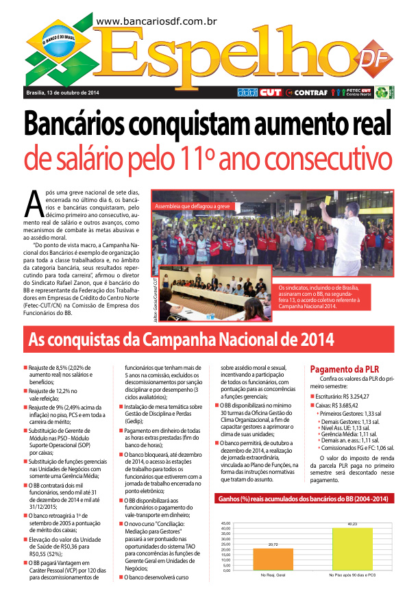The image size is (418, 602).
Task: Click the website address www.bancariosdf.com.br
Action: (157, 23)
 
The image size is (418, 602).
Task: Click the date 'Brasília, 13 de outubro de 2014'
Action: (62, 92)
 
